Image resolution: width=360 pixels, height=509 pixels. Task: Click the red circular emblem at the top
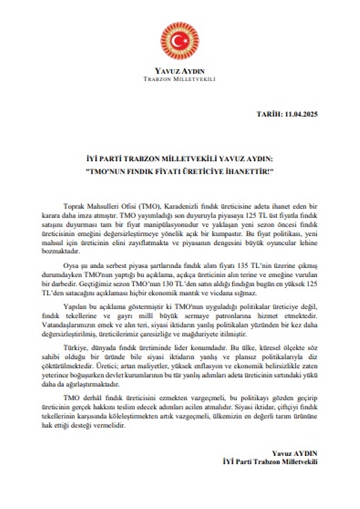pos(179,40)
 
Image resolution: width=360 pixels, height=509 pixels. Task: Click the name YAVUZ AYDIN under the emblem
pos(179,70)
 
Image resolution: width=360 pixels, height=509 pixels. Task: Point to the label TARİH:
pos(268,113)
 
